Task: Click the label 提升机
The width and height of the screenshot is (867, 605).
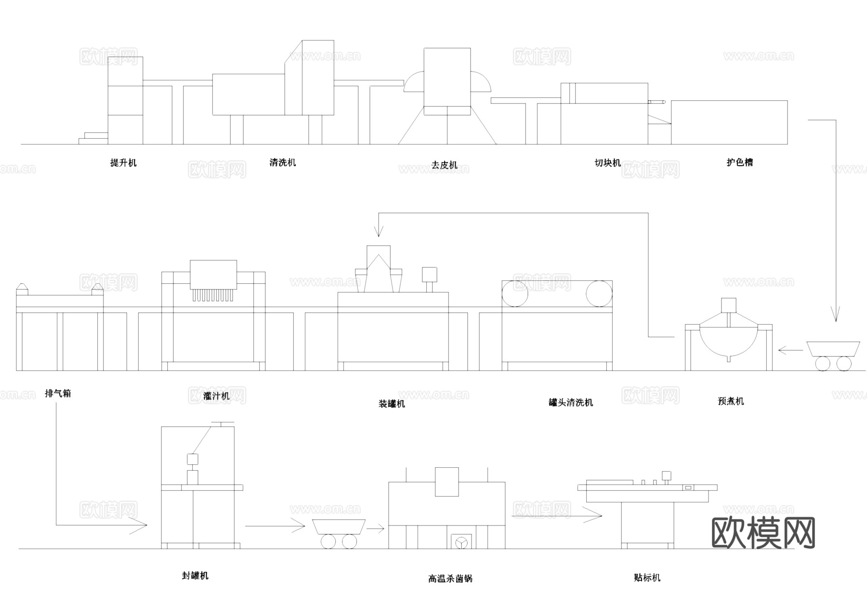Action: [123, 163]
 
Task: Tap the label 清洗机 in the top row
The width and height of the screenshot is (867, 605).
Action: [283, 162]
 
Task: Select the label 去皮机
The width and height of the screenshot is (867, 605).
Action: [444, 165]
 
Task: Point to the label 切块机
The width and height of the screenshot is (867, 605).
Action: [608, 163]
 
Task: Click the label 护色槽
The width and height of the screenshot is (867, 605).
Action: [739, 162]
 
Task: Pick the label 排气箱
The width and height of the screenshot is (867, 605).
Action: [58, 394]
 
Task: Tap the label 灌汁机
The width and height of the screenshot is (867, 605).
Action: [216, 396]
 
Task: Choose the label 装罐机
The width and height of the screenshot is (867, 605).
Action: [392, 404]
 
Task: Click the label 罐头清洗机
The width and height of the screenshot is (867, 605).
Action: [571, 402]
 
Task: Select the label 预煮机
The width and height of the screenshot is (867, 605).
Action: [731, 401]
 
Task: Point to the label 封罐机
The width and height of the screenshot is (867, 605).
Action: [195, 575]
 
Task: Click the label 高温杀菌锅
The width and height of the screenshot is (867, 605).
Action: [450, 579]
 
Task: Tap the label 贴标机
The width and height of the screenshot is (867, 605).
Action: [647, 578]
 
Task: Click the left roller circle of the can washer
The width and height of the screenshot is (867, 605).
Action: [514, 294]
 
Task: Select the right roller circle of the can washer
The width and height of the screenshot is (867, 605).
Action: [599, 294]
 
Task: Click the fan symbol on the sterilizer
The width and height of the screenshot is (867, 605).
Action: [461, 542]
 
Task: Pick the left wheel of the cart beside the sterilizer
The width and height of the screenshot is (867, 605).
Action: [328, 542]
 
